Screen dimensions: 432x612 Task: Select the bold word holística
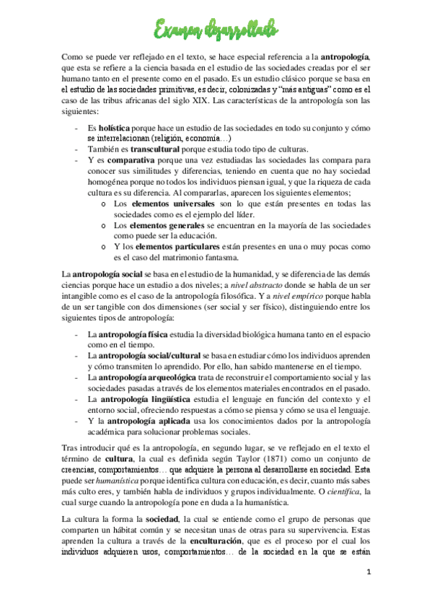point(114,127)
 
